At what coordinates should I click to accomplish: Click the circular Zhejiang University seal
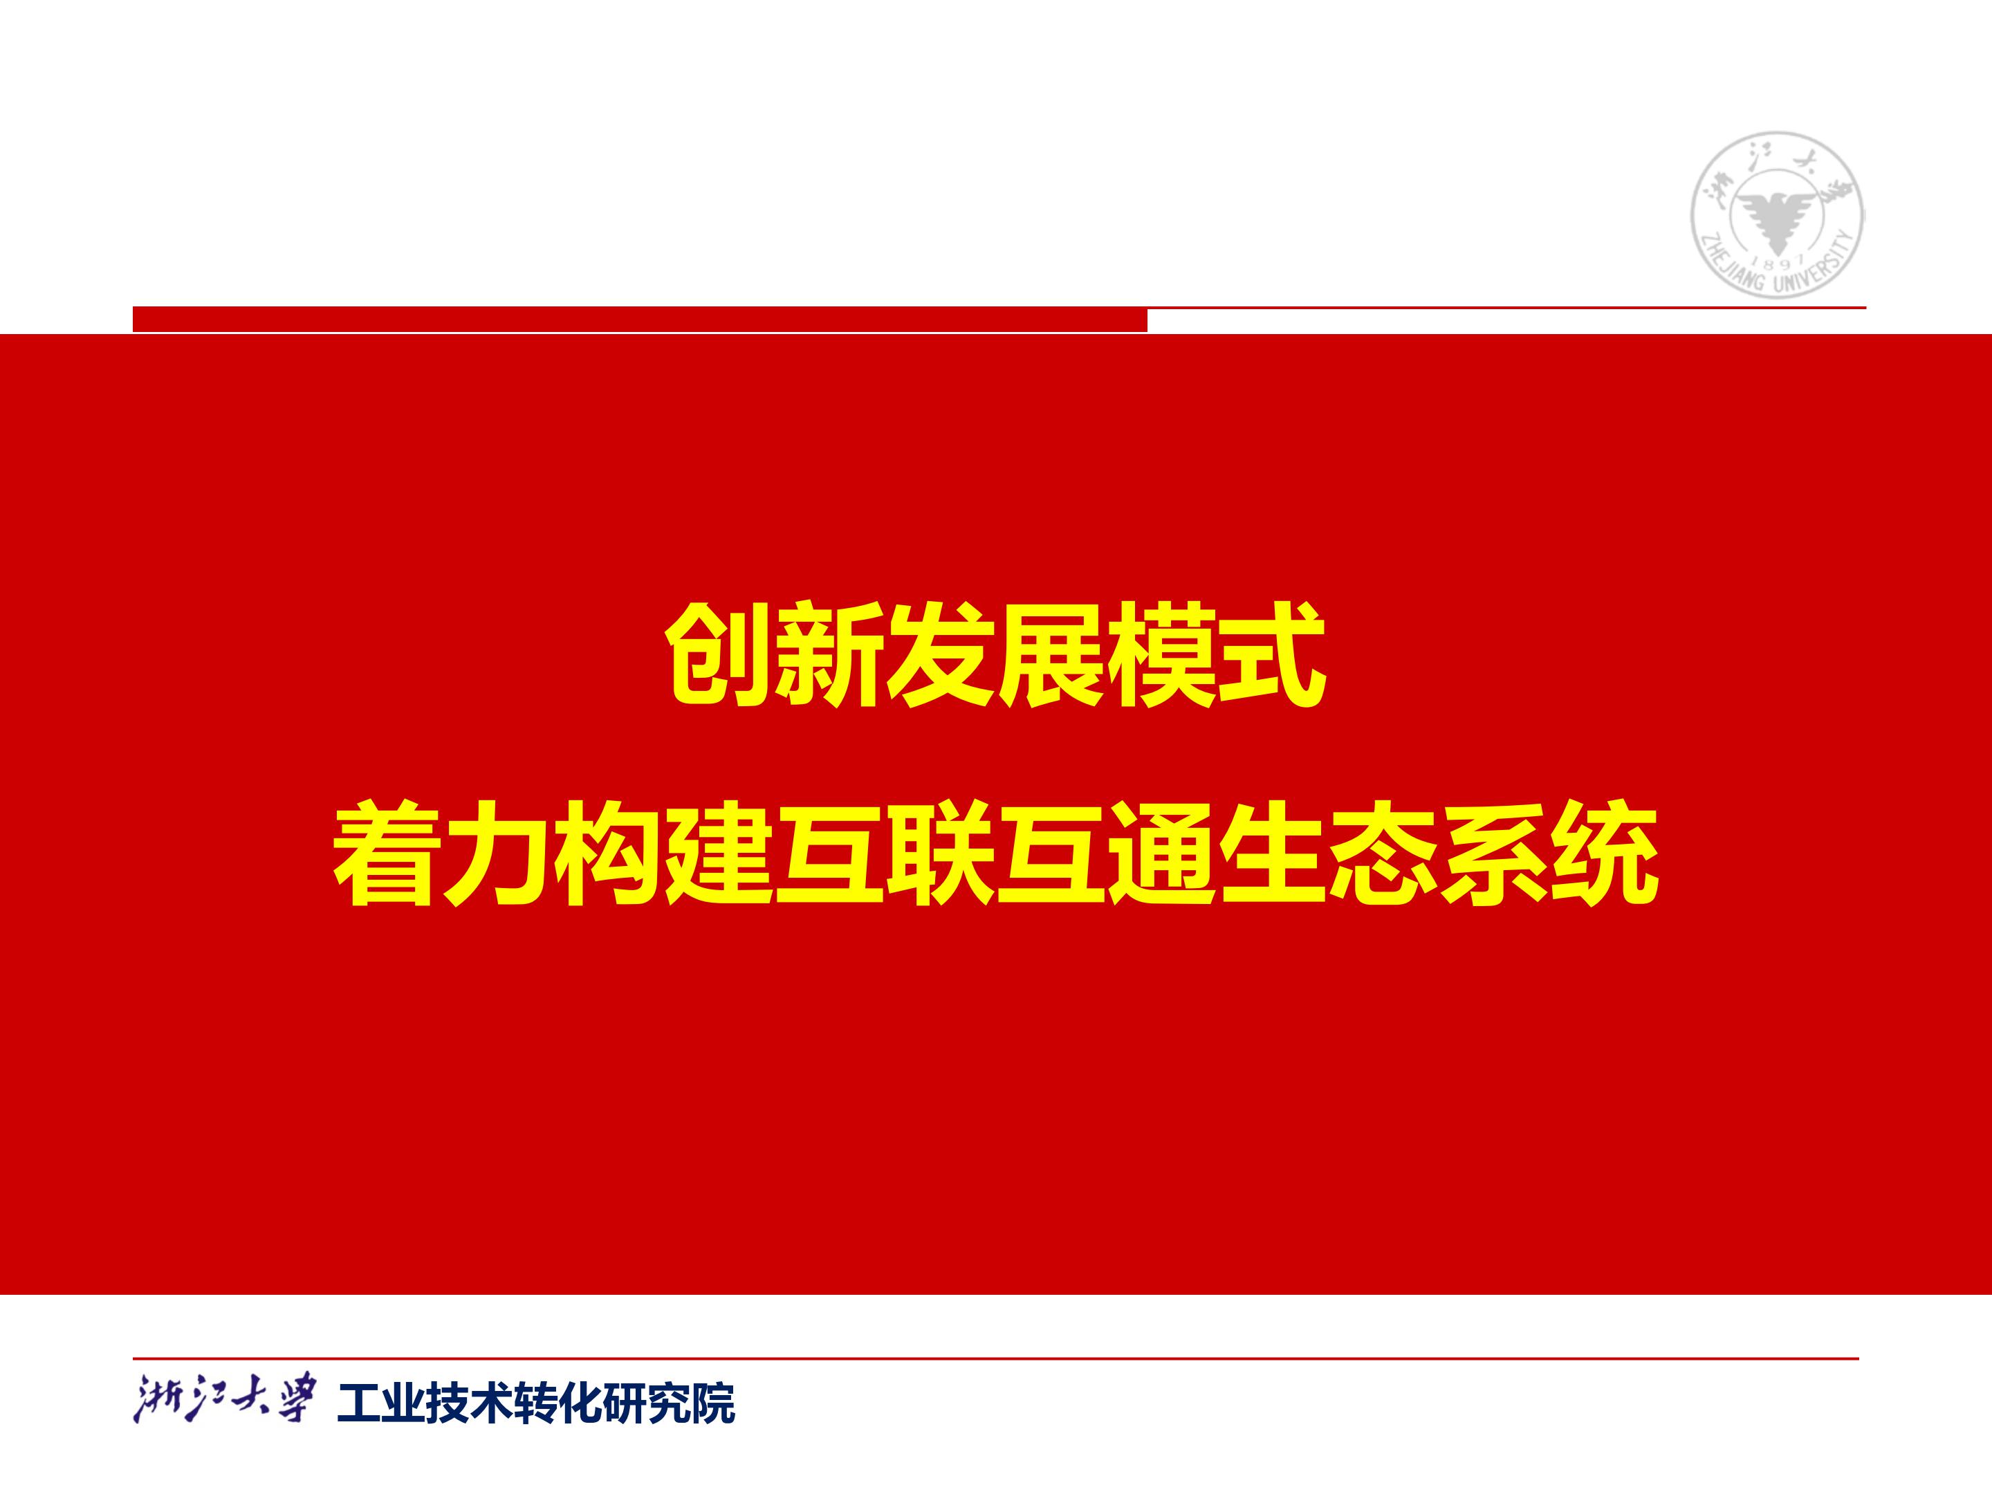[x=1777, y=214]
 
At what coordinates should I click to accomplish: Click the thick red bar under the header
[x=639, y=319]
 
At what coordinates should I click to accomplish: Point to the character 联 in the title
[x=939, y=852]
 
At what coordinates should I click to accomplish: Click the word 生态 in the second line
[x=1327, y=852]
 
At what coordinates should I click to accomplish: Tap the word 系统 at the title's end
[x=1548, y=852]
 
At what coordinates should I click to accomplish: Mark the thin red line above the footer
[x=996, y=1358]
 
